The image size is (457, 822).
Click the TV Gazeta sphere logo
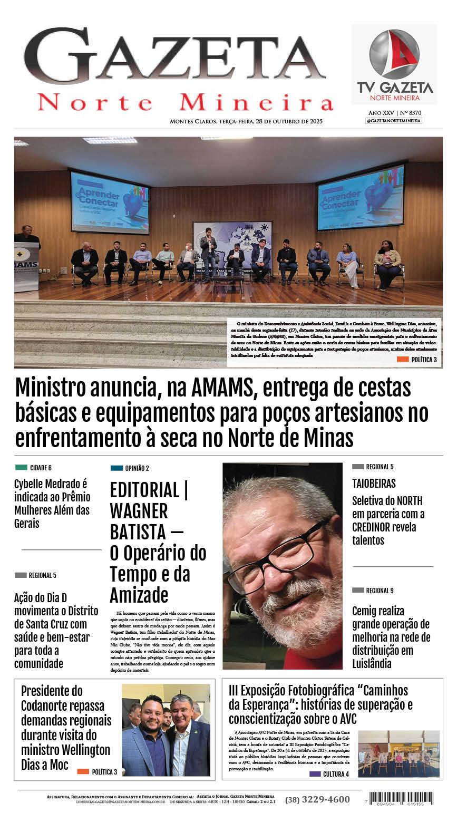coord(394,54)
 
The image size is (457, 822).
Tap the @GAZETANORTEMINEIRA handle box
coord(394,121)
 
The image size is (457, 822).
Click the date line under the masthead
coord(246,121)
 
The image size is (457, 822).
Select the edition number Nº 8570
coord(411,113)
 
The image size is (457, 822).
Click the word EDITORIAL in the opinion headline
coord(144,490)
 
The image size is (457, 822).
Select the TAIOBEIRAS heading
coord(374,483)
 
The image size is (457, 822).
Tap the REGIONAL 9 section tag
coord(373,591)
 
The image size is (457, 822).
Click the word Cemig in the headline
coord(378,611)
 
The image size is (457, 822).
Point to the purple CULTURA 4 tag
coord(329,774)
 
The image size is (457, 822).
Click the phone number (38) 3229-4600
coord(317,799)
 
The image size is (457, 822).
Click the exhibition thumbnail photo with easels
coord(398,753)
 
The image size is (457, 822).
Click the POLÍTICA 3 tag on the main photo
coord(417,360)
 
